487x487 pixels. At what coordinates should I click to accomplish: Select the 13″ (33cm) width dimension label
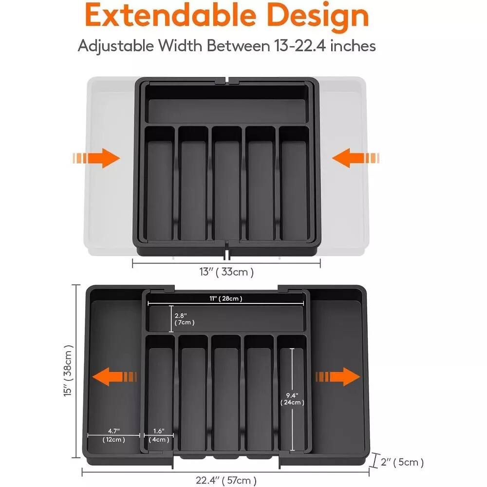click(x=227, y=272)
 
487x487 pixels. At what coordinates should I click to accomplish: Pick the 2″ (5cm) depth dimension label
click(x=403, y=462)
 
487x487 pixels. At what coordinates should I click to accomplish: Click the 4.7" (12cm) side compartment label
click(x=113, y=435)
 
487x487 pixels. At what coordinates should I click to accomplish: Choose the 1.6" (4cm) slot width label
click(x=159, y=435)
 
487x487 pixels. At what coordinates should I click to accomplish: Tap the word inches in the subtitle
click(x=352, y=46)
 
